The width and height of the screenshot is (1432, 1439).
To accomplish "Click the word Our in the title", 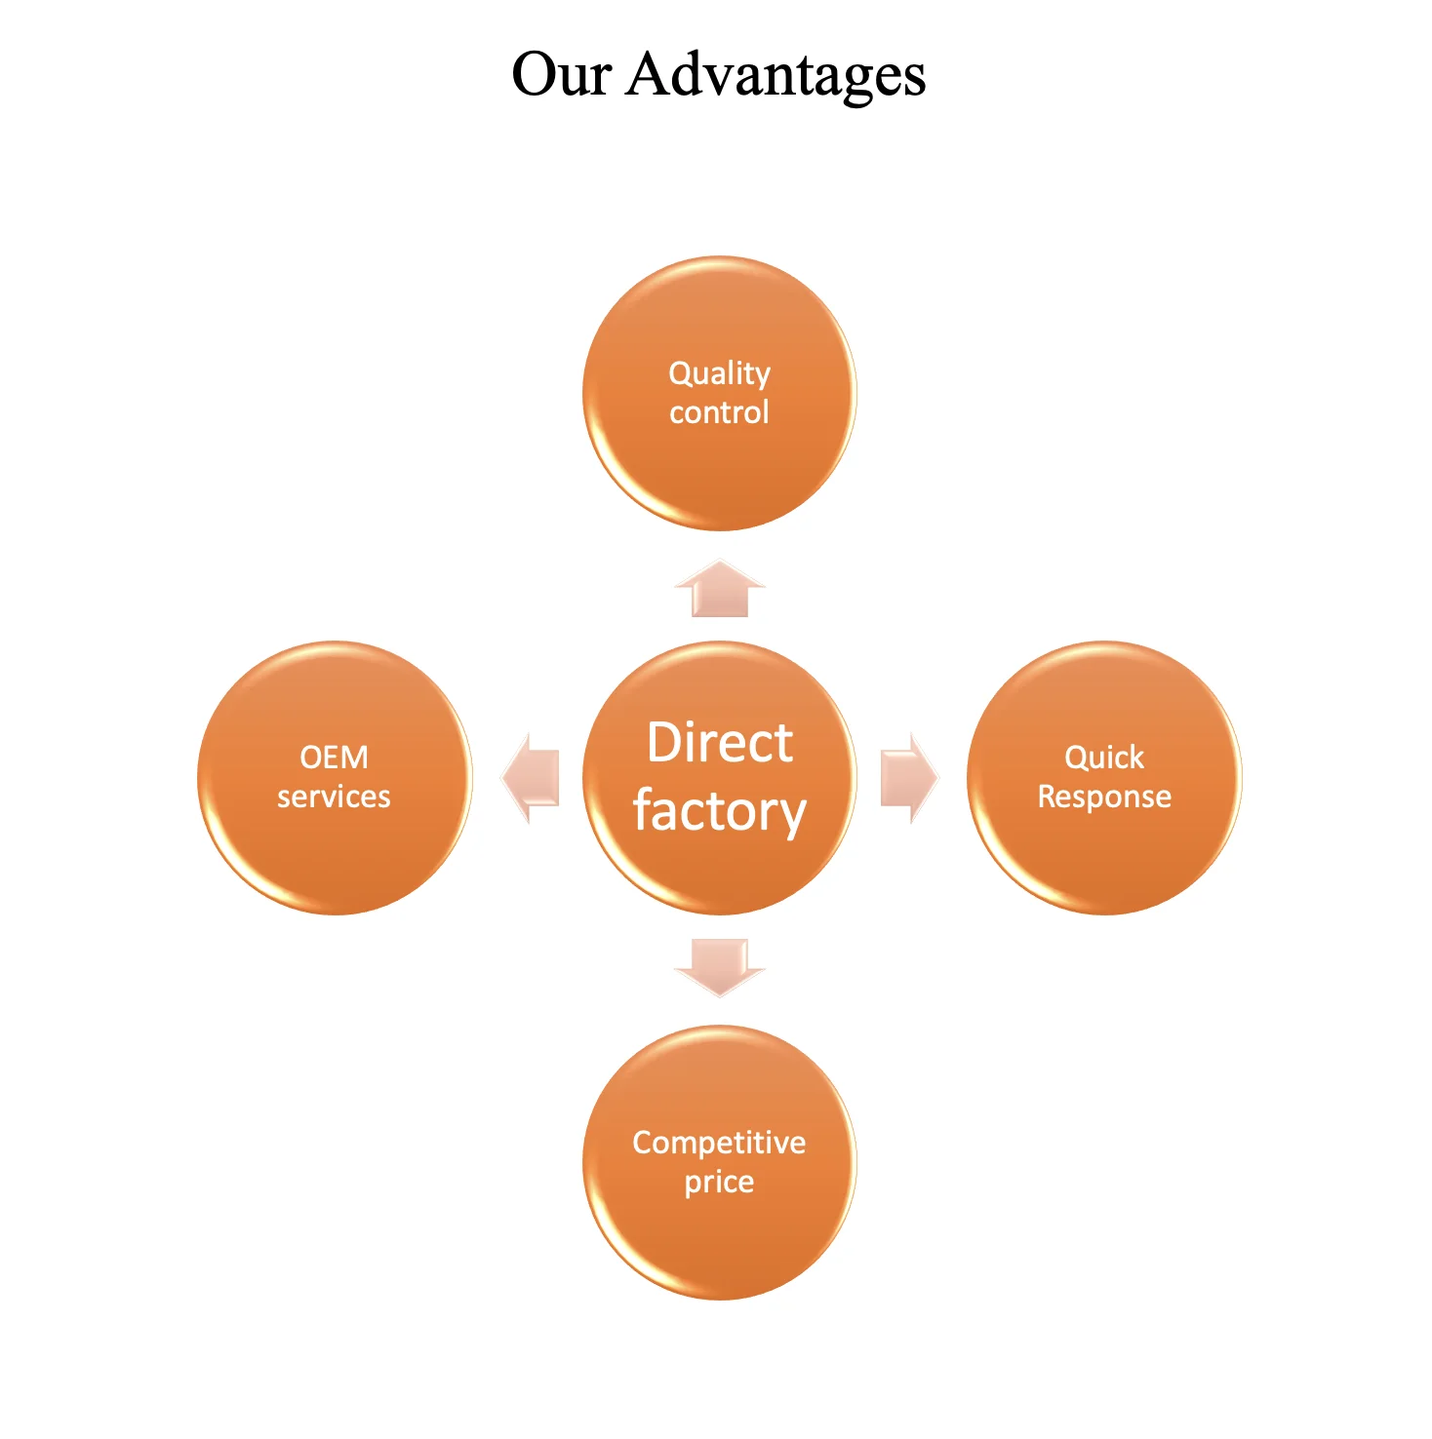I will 561,74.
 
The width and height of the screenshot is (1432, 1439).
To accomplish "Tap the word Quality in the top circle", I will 719,373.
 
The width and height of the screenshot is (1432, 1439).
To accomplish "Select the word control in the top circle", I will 719,412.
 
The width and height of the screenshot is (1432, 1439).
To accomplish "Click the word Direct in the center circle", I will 720,743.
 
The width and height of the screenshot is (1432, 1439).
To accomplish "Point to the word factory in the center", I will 720,812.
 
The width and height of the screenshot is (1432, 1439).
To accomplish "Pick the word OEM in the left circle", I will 334,758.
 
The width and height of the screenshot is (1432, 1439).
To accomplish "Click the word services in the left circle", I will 334,797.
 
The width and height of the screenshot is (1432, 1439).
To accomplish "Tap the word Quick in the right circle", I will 1104,758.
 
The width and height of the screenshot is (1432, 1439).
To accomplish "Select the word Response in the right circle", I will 1104,797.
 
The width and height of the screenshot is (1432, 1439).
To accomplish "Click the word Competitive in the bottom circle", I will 719,1142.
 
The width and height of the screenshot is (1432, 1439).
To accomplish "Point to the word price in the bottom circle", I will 719,1182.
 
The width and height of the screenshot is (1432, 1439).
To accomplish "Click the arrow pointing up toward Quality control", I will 720,589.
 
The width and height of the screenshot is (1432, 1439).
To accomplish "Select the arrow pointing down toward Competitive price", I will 720,966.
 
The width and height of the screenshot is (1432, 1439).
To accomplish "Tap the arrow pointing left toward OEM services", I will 532,778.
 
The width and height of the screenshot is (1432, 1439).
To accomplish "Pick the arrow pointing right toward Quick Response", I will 908,778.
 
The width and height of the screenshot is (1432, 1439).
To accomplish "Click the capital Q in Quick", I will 1075,758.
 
